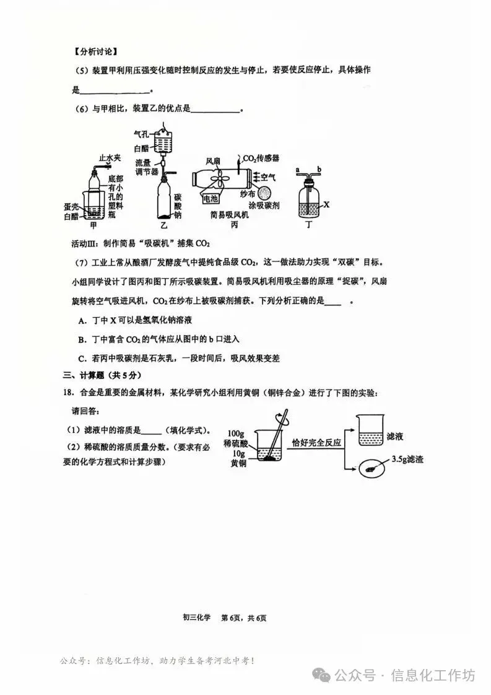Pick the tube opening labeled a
point(298,169)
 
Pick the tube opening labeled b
point(319,169)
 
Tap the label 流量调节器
point(147,167)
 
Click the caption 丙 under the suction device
point(234,225)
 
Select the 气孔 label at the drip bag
point(141,133)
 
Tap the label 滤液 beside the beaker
point(394,437)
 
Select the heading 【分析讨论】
point(95,51)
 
